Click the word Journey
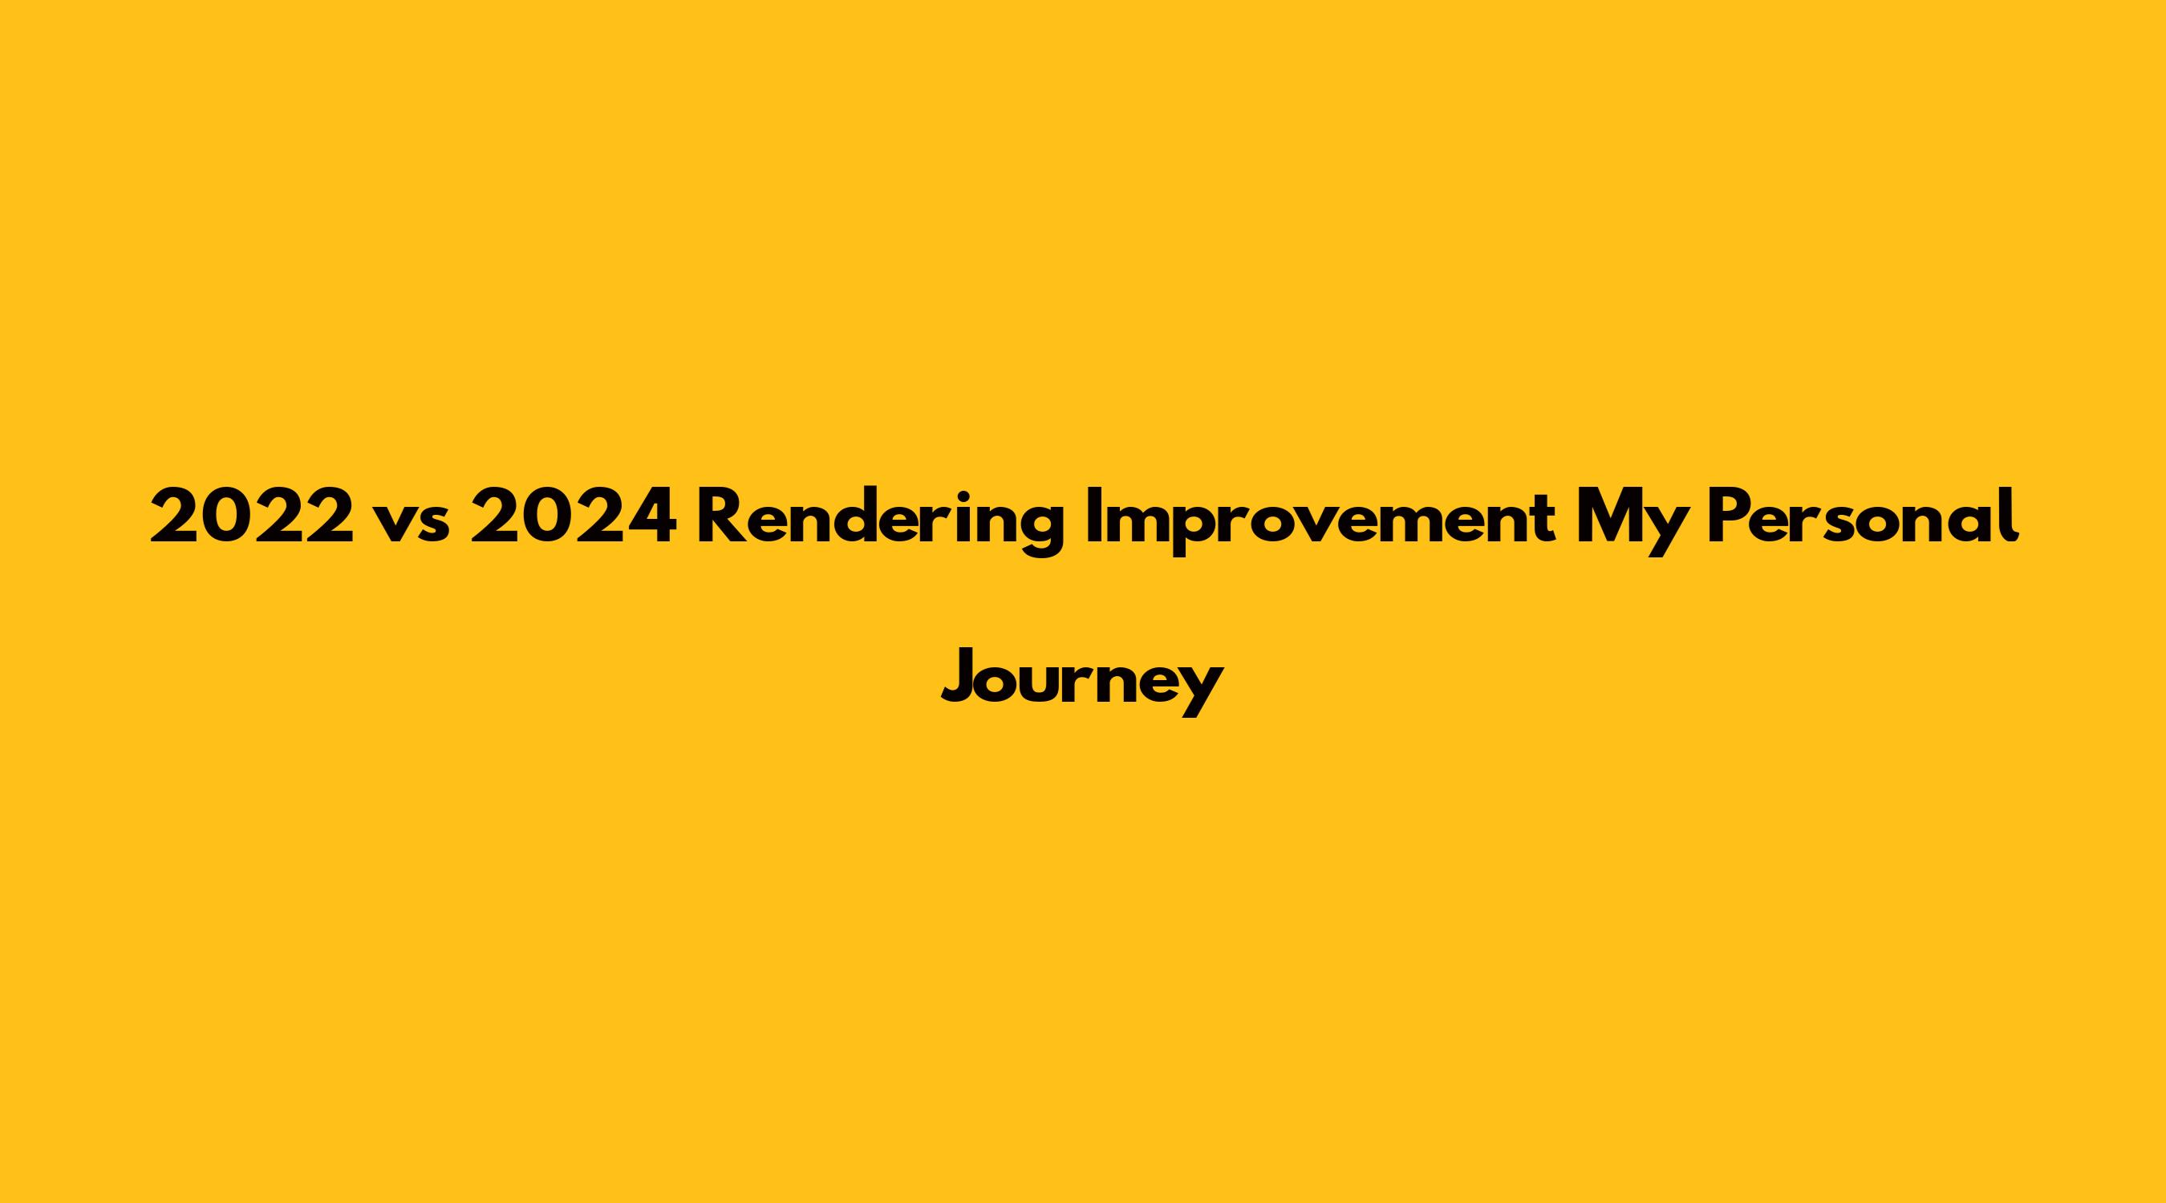coord(1082,682)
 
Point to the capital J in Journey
coord(959,676)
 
